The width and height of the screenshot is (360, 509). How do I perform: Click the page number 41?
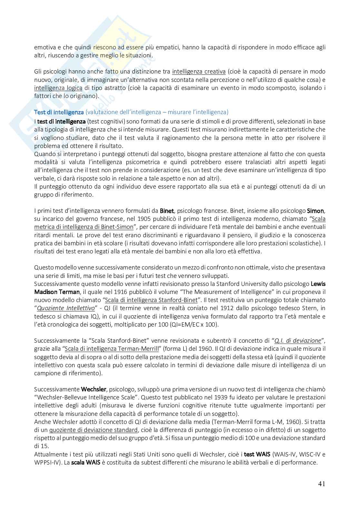(x=321, y=484)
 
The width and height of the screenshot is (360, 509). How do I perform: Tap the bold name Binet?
(x=167, y=211)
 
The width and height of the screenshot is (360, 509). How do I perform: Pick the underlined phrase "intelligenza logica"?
(x=58, y=88)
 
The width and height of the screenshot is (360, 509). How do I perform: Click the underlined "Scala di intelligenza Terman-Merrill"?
(x=112, y=348)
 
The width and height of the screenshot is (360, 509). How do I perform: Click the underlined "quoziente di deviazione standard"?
(x=93, y=430)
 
